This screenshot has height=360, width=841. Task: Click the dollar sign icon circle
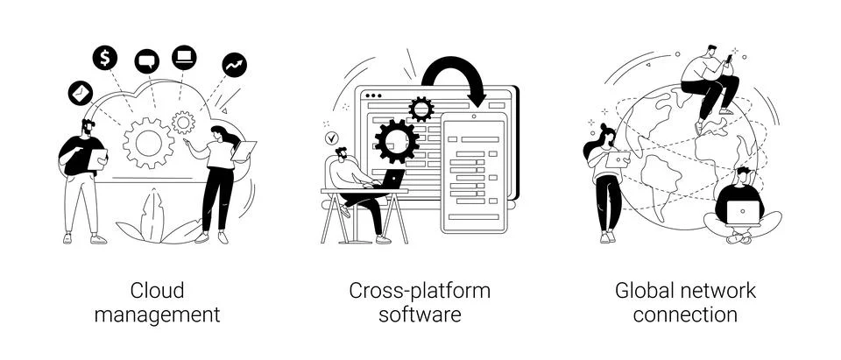point(104,58)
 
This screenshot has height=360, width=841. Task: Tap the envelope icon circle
point(81,93)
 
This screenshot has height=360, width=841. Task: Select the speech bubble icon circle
point(147,61)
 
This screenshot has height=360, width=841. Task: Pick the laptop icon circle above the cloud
point(184,58)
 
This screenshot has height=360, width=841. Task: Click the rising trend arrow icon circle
point(235,65)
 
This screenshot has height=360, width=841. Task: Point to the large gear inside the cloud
point(149,144)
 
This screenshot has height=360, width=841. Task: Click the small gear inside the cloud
point(183,123)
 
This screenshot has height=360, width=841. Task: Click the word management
point(157,314)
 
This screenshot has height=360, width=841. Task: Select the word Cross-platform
point(420,292)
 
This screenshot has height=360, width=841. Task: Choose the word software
point(420,314)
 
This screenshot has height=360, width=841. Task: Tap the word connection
point(685,314)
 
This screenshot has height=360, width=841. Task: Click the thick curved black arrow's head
point(476,99)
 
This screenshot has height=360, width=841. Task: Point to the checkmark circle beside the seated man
point(332,138)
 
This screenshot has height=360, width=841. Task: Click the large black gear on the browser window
point(397,141)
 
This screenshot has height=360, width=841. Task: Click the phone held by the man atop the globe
point(730,58)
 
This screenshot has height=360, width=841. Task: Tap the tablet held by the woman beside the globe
point(619,159)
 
